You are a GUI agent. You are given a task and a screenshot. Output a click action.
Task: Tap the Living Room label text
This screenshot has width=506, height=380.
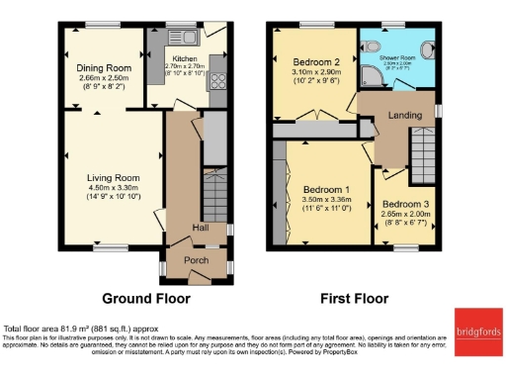click(112, 178)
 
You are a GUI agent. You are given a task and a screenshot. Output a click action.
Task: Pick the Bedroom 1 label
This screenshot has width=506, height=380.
click(325, 190)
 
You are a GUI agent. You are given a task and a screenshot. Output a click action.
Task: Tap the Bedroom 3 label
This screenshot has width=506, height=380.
click(403, 206)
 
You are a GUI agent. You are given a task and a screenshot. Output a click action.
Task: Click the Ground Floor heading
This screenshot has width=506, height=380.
click(146, 297)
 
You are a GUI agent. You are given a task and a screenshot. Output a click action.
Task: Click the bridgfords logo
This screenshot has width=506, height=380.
click(477, 332)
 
